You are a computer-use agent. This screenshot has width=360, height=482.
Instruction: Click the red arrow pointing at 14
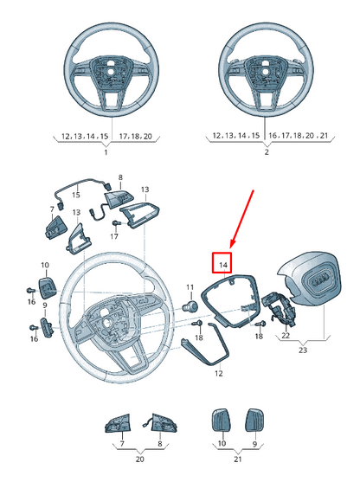coord(241,219)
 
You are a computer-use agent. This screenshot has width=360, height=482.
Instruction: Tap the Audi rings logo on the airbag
coord(318,281)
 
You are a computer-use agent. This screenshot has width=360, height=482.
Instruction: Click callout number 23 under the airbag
coord(303,350)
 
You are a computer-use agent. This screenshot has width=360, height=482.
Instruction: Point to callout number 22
coord(286,336)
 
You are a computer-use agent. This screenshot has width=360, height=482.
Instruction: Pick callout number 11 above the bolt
coord(190,287)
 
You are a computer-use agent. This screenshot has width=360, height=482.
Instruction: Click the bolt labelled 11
coord(190,306)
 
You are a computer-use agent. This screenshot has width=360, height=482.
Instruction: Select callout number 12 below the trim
coord(219,374)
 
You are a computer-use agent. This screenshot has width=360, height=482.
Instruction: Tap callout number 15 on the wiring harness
coord(76,195)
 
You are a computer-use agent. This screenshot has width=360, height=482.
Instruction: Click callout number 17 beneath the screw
coord(114,237)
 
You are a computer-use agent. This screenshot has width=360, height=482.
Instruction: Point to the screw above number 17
coord(116,223)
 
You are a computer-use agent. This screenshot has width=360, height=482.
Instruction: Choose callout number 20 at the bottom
coord(140,460)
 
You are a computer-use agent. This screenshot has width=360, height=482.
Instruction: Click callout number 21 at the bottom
coord(238,460)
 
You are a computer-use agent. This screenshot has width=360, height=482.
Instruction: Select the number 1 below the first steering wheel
coord(106,152)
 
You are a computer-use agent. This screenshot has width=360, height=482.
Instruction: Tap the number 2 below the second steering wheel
coord(267,152)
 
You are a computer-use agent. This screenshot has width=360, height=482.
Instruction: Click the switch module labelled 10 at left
coord(47,287)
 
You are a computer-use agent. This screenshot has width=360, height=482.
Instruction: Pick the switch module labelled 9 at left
coord(47,328)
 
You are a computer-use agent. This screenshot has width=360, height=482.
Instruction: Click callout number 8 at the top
coord(120,177)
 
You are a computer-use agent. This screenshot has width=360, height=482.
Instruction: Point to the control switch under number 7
coord(56,228)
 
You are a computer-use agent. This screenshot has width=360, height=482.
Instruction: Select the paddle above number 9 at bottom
coord(254,421)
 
